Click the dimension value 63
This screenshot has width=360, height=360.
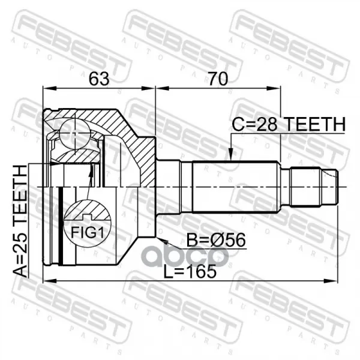99,79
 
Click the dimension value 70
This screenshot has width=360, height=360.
218,79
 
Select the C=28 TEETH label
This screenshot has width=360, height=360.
289,124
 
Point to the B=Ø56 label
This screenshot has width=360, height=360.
216,240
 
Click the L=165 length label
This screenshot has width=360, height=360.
190,271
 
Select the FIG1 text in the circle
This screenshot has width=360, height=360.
88,232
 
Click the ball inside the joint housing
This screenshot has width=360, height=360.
74,134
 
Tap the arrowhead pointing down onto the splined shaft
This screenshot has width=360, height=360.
231,154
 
